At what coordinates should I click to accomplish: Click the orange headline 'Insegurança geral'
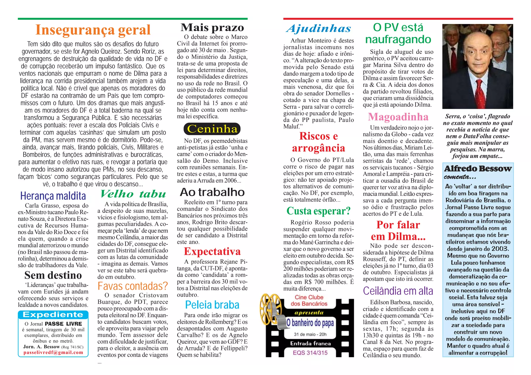pyautogui.click(x=93, y=30)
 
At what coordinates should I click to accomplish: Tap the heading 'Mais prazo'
pyautogui.click(x=212, y=27)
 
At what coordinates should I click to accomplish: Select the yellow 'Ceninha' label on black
pyautogui.click(x=212, y=129)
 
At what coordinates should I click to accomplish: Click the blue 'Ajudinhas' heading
pyautogui.click(x=318, y=28)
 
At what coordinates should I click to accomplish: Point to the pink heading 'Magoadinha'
pyautogui.click(x=398, y=117)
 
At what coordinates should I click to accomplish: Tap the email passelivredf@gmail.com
pyautogui.click(x=53, y=352)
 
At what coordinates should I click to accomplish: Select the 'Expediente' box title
pyautogui.click(x=53, y=315)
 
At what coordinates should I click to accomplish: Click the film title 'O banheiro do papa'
pyautogui.click(x=310, y=323)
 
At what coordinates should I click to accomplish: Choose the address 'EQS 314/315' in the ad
pyautogui.click(x=310, y=353)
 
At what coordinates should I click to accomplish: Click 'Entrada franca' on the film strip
pyautogui.click(x=310, y=344)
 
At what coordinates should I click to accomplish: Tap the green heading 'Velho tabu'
pyautogui.click(x=133, y=194)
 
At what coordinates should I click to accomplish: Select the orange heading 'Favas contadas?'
pyautogui.click(x=133, y=286)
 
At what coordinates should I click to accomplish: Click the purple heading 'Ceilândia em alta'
pyautogui.click(x=398, y=291)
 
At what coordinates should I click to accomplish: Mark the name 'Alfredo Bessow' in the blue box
pyautogui.click(x=478, y=169)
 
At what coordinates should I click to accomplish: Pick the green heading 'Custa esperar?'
pyautogui.click(x=318, y=211)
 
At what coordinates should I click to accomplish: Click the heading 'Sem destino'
pyautogui.click(x=53, y=275)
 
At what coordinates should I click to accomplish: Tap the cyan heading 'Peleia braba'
pyautogui.click(x=212, y=305)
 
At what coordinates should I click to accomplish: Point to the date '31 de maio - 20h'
pyautogui.click(x=310, y=334)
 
